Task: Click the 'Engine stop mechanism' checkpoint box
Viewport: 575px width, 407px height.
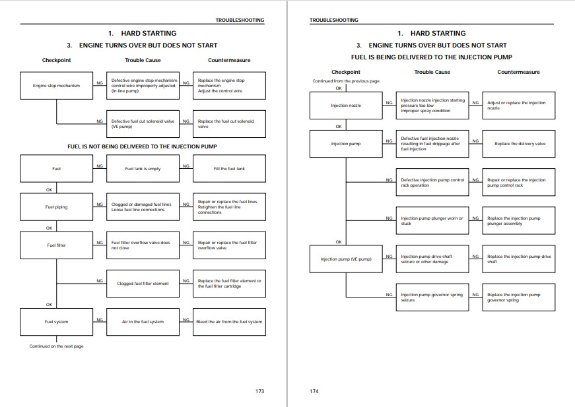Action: pos(57,86)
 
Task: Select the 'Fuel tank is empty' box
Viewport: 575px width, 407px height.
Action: pos(143,168)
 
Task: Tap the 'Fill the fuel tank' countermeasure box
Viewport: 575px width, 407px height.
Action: pos(229,168)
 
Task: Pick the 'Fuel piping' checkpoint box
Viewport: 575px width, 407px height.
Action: pos(57,207)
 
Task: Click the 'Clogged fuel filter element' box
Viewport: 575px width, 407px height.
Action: pos(143,284)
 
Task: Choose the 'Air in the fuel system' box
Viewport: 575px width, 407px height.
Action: pos(143,322)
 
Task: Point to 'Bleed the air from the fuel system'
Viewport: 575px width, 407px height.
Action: pos(229,322)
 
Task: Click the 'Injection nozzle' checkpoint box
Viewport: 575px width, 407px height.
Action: pos(346,106)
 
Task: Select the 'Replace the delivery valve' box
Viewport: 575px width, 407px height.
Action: pos(519,144)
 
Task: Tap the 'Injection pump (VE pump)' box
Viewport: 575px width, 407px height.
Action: pos(346,259)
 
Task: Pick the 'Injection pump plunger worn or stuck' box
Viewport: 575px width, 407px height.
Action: pos(432,220)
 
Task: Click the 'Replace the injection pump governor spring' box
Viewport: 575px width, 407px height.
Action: pos(519,297)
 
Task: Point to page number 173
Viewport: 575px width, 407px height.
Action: pos(259,391)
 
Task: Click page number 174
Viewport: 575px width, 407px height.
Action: pos(314,391)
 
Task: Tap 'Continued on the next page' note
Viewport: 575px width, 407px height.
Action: pos(57,346)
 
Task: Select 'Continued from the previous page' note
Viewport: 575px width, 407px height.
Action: pos(346,81)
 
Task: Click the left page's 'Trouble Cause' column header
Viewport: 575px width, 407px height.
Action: pos(143,60)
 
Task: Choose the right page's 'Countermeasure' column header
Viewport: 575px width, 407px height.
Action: pos(518,72)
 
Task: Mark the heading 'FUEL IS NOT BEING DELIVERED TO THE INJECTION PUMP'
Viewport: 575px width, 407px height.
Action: pos(142,146)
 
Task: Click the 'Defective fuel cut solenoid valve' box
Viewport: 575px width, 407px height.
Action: pos(143,124)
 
